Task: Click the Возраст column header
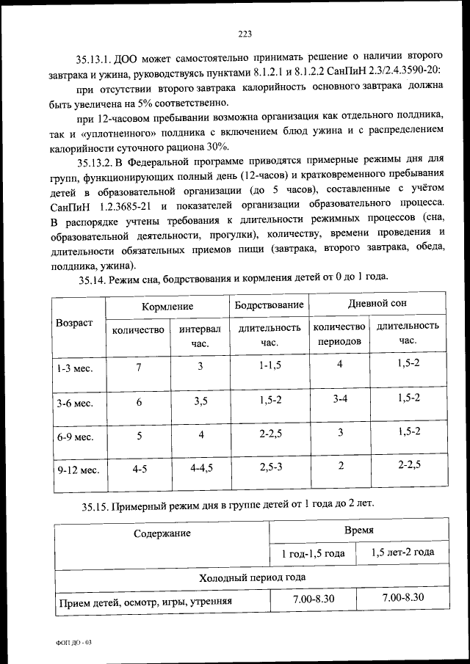point(74,323)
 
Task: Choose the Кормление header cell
point(167,305)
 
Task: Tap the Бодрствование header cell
point(269,305)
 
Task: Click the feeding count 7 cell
point(137,367)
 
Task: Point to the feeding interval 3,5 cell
point(200,401)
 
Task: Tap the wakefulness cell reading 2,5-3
point(270,467)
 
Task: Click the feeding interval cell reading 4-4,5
point(200,467)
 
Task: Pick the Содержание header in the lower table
point(162,534)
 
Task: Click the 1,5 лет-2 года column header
point(402,552)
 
